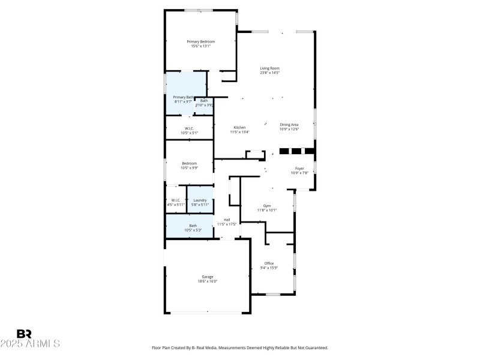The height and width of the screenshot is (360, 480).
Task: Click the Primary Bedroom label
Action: coord(200,41)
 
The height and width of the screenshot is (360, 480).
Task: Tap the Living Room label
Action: coord(269,68)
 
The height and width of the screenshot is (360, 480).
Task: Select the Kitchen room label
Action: coord(239,127)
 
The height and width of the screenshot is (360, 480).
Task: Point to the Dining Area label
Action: coord(289,124)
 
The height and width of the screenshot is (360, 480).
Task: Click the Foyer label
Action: coord(299,169)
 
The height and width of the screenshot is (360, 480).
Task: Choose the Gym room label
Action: coord(266,205)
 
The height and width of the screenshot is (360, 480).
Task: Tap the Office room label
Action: coord(269,263)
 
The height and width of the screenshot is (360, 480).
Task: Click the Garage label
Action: coord(207,277)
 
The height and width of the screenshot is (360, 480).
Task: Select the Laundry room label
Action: coord(200,200)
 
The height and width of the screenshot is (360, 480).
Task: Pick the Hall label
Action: coord(227,220)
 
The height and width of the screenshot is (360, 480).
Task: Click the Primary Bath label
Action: coord(183,97)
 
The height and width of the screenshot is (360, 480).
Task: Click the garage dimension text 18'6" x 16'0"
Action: coord(207,281)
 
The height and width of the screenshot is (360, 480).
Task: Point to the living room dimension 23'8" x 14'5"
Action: coord(269,73)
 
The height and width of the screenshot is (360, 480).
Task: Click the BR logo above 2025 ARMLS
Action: coord(24,334)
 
